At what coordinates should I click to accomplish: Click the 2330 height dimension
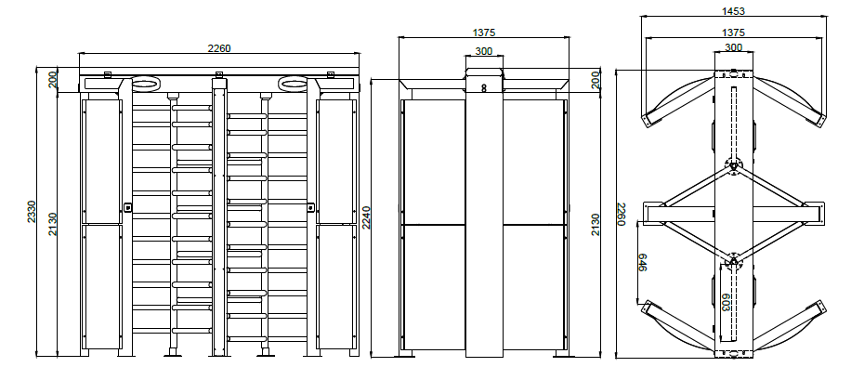32,212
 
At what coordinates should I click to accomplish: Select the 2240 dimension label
366,217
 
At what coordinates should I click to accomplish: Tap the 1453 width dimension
733,11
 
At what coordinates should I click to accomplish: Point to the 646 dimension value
642,262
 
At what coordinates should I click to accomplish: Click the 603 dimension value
726,302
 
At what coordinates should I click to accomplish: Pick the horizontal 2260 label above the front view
219,48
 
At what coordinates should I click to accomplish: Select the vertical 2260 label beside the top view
622,214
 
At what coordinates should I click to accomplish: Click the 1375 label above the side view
484,33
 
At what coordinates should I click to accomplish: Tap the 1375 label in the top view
733,33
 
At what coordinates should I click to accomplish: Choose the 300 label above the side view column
484,51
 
